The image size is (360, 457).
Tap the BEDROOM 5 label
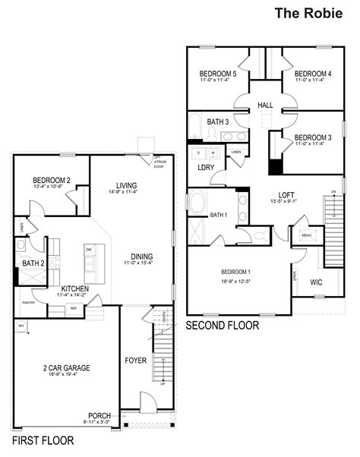point(219,74)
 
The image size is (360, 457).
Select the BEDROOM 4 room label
point(313,74)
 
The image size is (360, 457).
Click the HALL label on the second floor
point(265,106)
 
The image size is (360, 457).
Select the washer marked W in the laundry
point(213,153)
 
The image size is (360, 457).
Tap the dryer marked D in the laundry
point(199,153)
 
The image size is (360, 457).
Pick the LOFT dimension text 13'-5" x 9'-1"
point(287,203)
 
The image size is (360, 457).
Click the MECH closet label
point(307,235)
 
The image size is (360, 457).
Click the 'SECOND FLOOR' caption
point(223,325)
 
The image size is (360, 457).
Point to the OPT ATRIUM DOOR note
point(157,160)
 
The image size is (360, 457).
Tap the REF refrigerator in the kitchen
point(74,309)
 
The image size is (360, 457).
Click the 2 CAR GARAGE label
point(66,368)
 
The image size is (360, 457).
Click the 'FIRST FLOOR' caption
point(43,440)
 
